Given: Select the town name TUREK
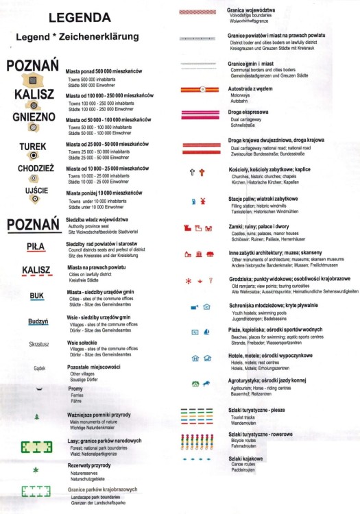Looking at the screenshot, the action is click(x=33, y=146).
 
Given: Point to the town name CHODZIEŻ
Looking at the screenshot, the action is click(x=33, y=168).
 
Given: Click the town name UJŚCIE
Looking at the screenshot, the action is click(x=33, y=188).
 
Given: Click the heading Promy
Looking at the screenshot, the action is click(x=75, y=389).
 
